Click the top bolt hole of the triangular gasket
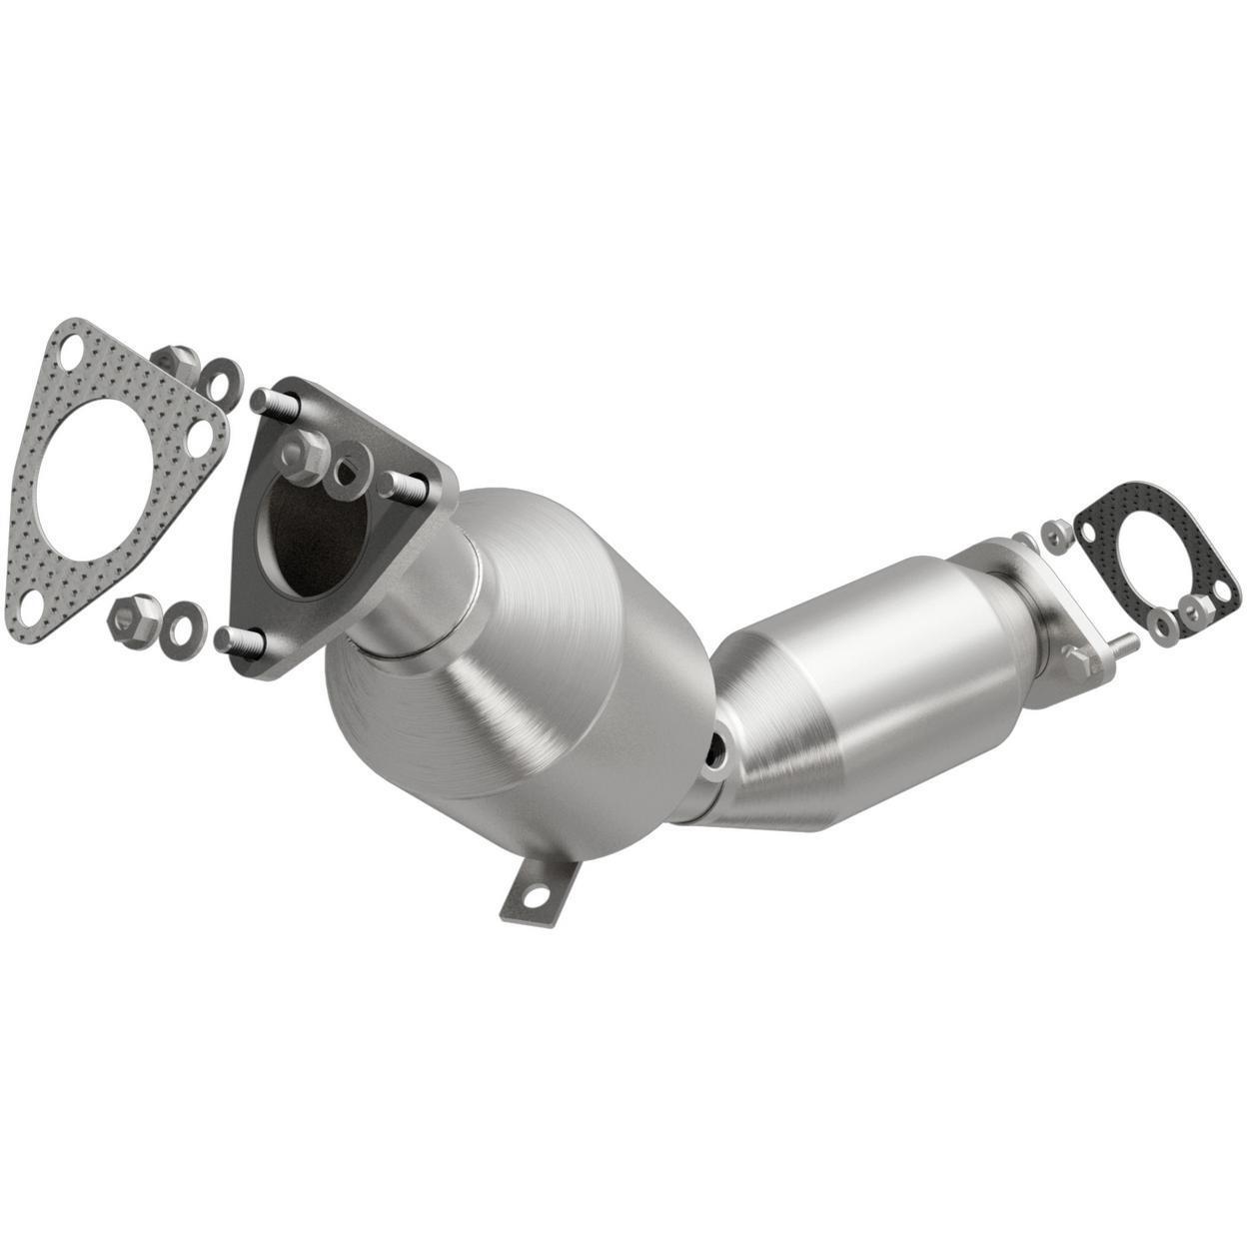click(69, 351)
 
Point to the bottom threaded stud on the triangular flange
click(233, 636)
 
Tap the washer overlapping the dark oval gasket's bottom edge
click(1161, 625)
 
